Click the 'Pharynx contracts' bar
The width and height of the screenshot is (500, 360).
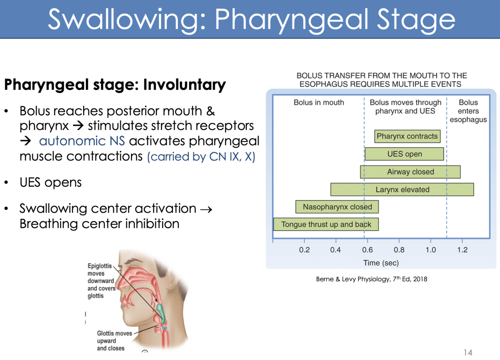(407, 136)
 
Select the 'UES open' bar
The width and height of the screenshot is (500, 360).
(404, 154)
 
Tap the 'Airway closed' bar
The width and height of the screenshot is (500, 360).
(410, 172)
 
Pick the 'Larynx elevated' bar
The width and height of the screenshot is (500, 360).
(402, 190)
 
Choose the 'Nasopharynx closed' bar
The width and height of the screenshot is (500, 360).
(337, 207)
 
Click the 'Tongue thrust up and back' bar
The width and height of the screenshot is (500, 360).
(326, 224)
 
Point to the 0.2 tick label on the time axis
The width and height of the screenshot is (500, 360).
(304, 250)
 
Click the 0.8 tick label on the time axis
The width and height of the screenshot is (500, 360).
(399, 250)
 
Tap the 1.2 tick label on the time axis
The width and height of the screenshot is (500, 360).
(462, 250)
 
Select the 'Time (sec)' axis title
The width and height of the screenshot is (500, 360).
(381, 263)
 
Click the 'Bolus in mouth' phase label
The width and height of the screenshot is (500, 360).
(319, 103)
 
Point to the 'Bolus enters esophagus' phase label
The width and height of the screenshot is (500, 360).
(468, 111)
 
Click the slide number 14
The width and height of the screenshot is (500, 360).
(468, 353)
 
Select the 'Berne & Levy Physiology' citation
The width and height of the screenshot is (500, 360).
(371, 279)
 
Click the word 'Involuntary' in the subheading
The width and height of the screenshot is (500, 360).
(184, 85)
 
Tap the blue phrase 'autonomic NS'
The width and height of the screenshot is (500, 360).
(82, 141)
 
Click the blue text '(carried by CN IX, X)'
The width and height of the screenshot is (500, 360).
(201, 157)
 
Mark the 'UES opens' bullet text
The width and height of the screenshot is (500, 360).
(51, 182)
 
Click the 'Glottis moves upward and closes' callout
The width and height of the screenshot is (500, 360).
(113, 341)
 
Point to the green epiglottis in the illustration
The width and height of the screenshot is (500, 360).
(161, 312)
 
